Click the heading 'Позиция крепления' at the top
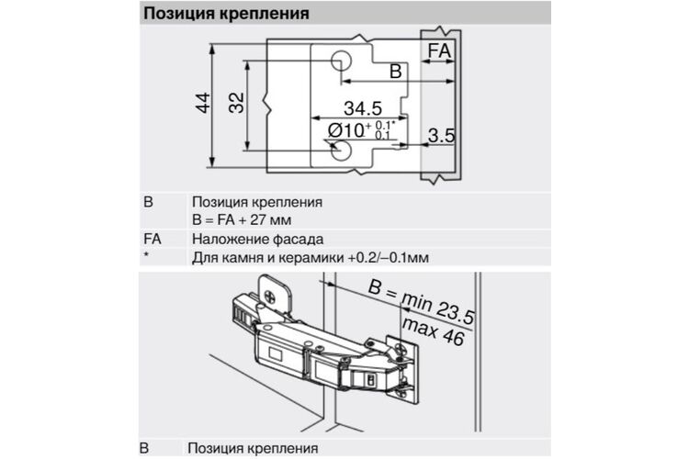tap(226, 13)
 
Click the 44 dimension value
tap(203, 103)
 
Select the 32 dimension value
tap(236, 103)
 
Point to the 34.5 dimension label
tap(363, 108)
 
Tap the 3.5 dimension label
tap(441, 135)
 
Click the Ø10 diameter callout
tap(361, 130)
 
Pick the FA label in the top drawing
tap(439, 50)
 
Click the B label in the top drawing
tap(396, 72)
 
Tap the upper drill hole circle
tap(341, 61)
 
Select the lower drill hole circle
tap(341, 151)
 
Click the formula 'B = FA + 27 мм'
tap(242, 219)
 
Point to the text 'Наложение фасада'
tap(257, 239)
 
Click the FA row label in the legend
tap(152, 239)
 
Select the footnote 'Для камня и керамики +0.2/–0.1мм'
tap(311, 257)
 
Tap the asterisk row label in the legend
tap(146, 254)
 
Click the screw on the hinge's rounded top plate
tap(269, 298)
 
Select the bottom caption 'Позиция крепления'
tap(253, 449)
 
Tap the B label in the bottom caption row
tap(144, 448)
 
